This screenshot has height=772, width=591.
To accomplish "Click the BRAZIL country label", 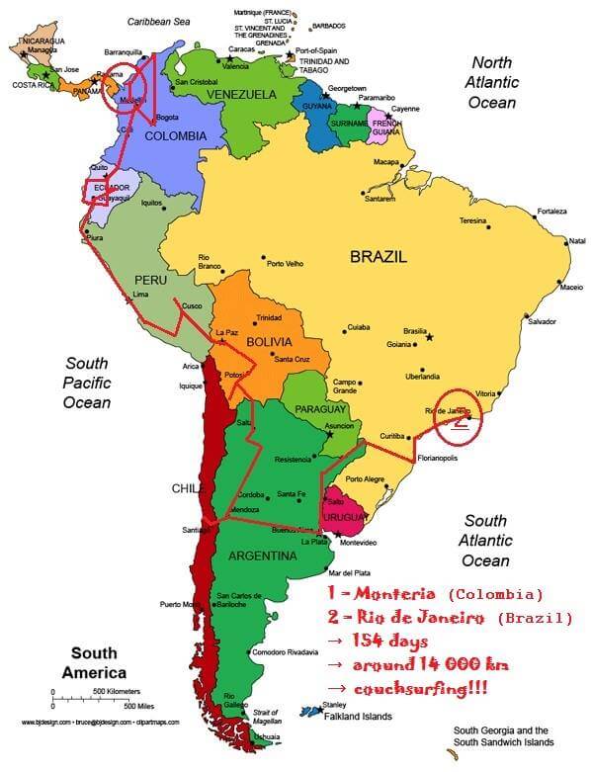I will click(x=378, y=256).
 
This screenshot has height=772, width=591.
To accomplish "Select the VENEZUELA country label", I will click(x=241, y=95).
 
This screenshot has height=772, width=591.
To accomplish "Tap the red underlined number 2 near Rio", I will click(x=459, y=421).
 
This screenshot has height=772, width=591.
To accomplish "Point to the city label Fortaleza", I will click(x=551, y=212).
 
